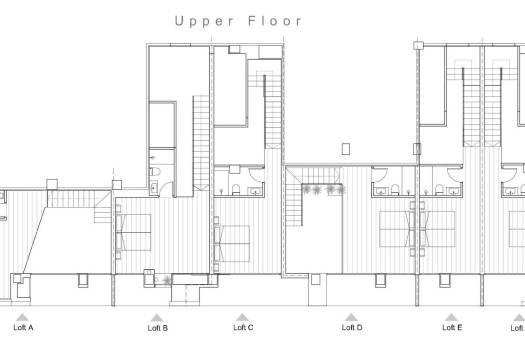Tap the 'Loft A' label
pyautogui.click(x=23, y=327)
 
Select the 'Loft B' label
pyautogui.click(x=158, y=327)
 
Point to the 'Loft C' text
pyautogui.click(x=243, y=327)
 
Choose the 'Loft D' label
pyautogui.click(x=351, y=327)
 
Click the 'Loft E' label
pyautogui.click(x=452, y=327)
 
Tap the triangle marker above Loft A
pyautogui.click(x=23, y=317)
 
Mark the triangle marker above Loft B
pyautogui.click(x=158, y=317)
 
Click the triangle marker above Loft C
pyautogui.click(x=242, y=317)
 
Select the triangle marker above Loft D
pyautogui.click(x=351, y=317)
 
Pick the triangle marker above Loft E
pyautogui.click(x=452, y=317)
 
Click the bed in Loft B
pyautogui.click(x=134, y=232)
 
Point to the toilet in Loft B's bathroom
pyautogui.click(x=154, y=185)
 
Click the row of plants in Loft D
pyautogui.click(x=321, y=189)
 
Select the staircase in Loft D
pyautogui.click(x=295, y=205)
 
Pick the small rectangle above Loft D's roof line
pyautogui.click(x=345, y=151)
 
